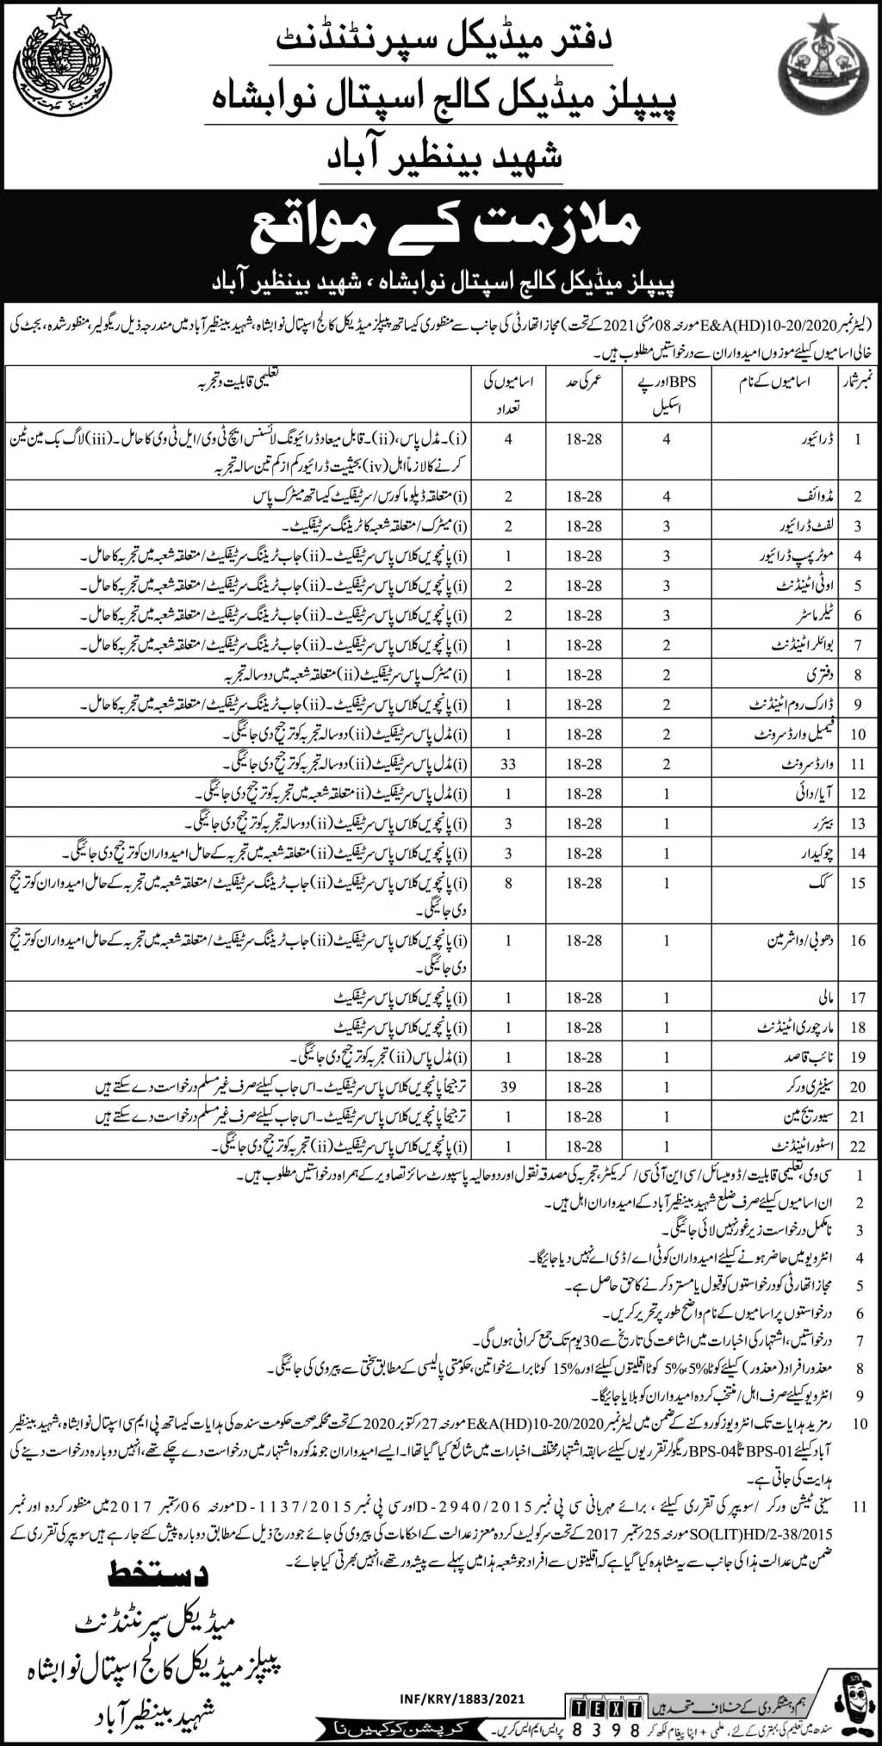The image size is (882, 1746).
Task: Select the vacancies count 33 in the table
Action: pos(508,764)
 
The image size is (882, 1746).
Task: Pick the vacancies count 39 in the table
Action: pos(508,1087)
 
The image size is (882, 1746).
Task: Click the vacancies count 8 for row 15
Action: pos(509,883)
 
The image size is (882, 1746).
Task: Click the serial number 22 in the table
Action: pos(857,1146)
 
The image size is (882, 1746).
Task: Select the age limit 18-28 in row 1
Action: pos(584,439)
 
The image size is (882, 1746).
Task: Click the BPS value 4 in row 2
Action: pos(667,496)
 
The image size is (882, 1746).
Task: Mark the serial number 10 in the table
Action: pos(857,735)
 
